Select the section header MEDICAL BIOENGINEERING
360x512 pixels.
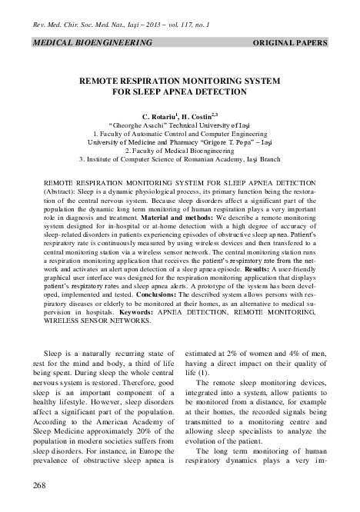(91, 43)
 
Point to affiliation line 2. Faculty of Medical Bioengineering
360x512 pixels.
(180, 151)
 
